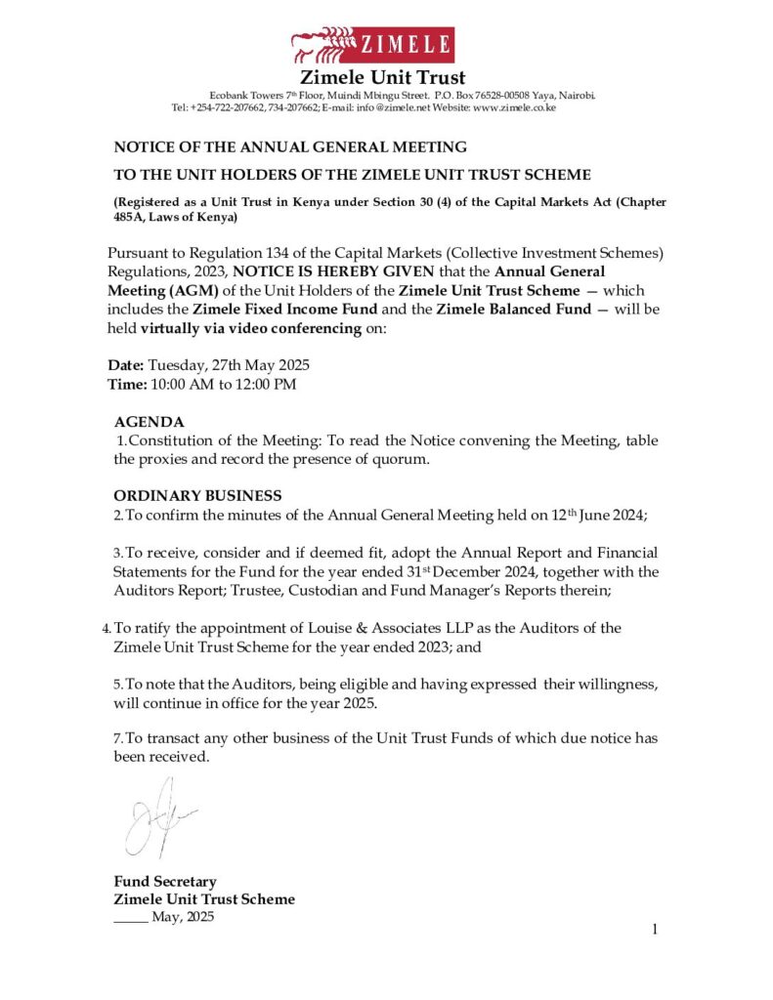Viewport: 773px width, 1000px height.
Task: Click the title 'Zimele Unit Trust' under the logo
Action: click(x=382, y=77)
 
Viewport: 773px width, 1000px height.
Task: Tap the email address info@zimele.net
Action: click(x=388, y=107)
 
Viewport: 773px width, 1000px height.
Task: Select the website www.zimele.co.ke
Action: click(x=514, y=107)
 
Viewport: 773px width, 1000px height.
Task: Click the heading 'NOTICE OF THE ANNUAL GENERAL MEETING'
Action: click(x=290, y=147)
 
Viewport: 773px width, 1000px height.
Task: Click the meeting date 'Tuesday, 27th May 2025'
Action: click(x=229, y=365)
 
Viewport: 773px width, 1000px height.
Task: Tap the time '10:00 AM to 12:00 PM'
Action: click(x=222, y=384)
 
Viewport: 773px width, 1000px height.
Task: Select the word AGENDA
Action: click(x=149, y=422)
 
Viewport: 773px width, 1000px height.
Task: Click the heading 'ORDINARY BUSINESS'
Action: click(x=197, y=496)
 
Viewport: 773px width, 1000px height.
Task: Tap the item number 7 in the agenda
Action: click(x=116, y=738)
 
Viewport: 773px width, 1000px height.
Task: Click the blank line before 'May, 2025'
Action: click(x=130, y=918)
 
